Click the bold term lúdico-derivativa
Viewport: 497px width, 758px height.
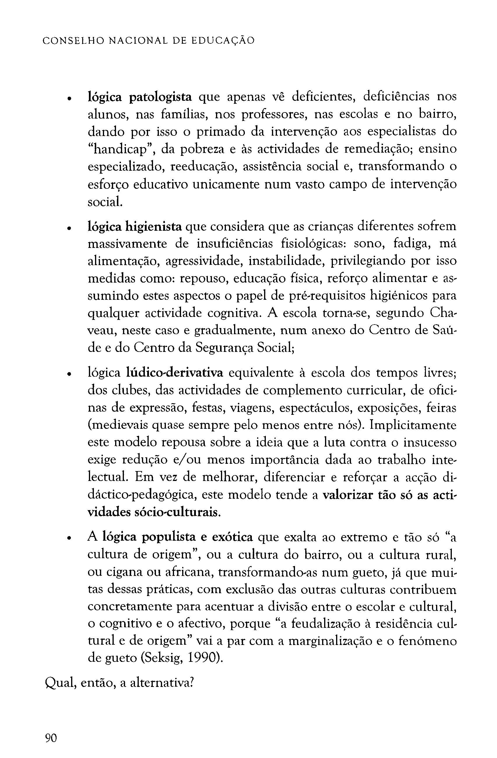(175, 373)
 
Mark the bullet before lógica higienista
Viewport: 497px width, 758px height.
(68, 228)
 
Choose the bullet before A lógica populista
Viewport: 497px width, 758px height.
(68, 539)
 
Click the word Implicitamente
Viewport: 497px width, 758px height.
(414, 426)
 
